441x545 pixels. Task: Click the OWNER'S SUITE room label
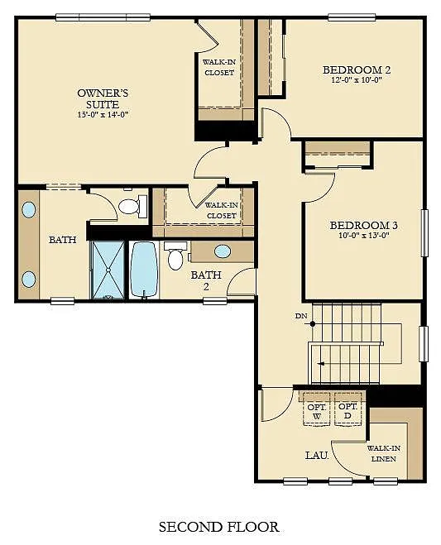[98, 98]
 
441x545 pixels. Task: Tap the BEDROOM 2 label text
[356, 69]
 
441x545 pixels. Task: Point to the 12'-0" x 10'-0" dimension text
[356, 81]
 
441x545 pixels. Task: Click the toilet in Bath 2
[175, 257]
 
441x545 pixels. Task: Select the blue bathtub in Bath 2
[143, 269]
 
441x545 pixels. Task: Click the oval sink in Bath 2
[223, 251]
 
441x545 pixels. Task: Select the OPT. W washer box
[316, 411]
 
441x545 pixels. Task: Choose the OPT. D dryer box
[348, 411]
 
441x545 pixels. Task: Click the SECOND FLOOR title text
[218, 526]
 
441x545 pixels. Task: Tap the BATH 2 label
[201, 280]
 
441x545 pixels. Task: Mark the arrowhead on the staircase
[320, 362]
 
